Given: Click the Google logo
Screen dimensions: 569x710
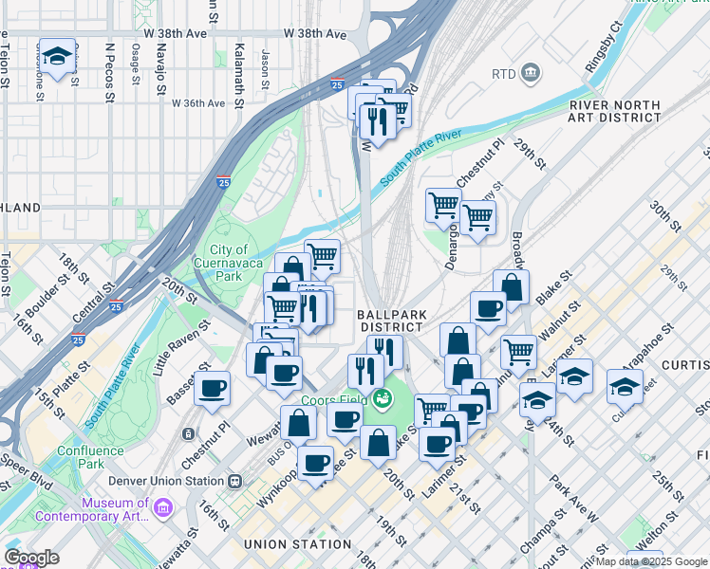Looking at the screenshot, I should click(x=31, y=557).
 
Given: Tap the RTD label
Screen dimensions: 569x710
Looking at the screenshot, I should click(x=503, y=74).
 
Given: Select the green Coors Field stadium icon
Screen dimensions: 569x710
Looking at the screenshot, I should click(x=382, y=399).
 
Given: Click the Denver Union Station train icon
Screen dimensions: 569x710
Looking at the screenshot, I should click(x=234, y=481).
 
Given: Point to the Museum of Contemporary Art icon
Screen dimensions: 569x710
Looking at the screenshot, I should click(x=162, y=510).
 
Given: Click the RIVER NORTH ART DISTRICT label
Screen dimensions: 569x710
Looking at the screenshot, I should click(x=615, y=111).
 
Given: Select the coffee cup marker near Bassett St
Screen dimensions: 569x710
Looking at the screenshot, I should click(x=212, y=388).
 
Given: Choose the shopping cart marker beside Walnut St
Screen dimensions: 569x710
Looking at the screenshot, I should click(x=519, y=352).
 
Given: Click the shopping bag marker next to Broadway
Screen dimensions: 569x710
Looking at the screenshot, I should click(x=511, y=286).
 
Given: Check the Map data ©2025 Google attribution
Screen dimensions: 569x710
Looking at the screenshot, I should click(x=652, y=561).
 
